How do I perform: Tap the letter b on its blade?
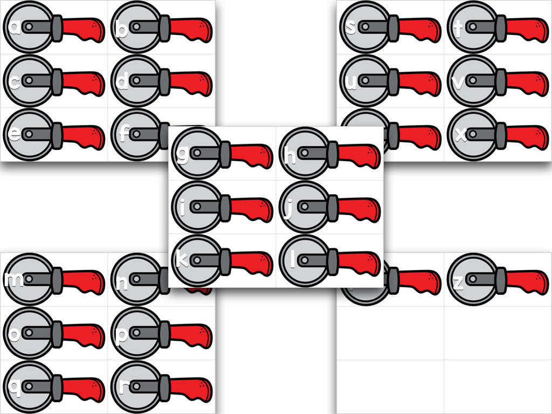pyautogui.click(x=122, y=29)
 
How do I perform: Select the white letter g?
pyautogui.click(x=183, y=155)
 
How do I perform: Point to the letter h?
pyautogui.click(x=290, y=156)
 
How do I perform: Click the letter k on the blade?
pyautogui.click(x=183, y=260)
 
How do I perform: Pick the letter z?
pyautogui.click(x=458, y=282)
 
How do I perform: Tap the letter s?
pyautogui.click(x=351, y=27)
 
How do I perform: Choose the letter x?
pyautogui.click(x=460, y=135)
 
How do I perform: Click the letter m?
pyautogui.click(x=14, y=280)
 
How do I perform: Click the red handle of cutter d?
pyautogui.click(x=191, y=81)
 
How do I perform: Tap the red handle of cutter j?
pyautogui.click(x=359, y=208)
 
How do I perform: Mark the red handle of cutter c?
pyautogui.click(x=83, y=82)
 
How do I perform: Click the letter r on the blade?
pyautogui.click(x=123, y=387)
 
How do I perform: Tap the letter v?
pyautogui.click(x=459, y=82)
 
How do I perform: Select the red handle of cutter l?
pyautogui.click(x=359, y=261)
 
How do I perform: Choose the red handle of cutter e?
pyautogui.click(x=83, y=135)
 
